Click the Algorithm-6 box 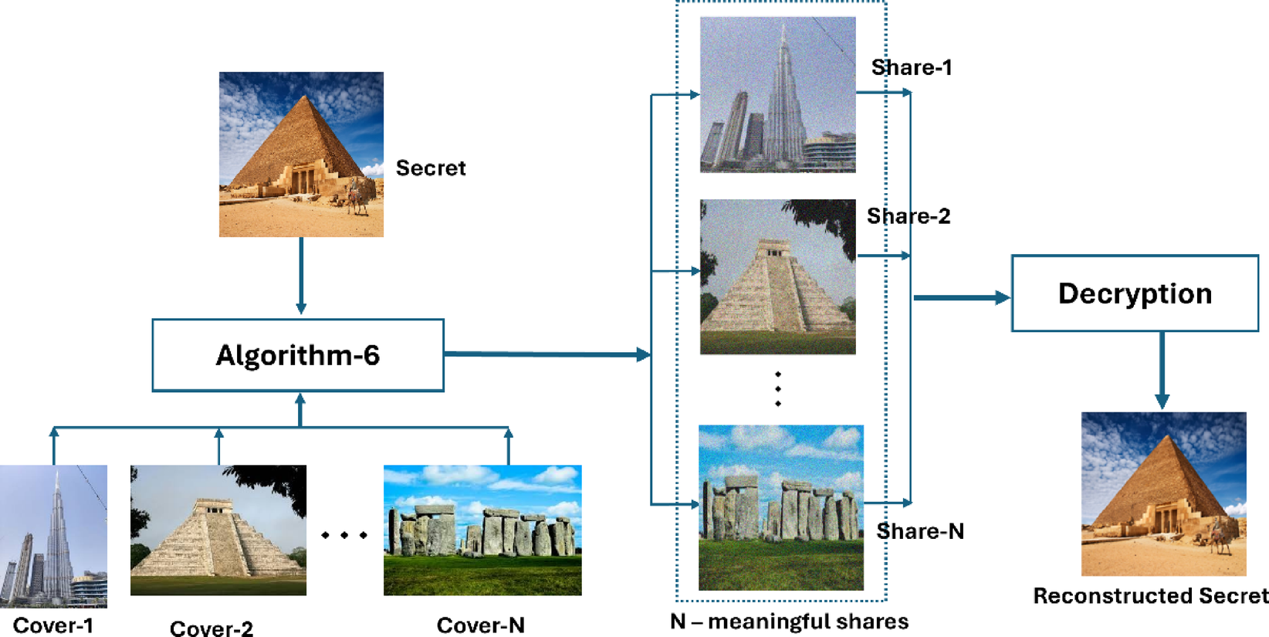point(298,355)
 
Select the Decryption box point(1135,293)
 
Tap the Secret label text point(431,168)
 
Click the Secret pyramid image point(301,154)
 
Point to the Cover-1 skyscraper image point(53,536)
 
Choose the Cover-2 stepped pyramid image point(218,530)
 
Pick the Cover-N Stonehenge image point(482,530)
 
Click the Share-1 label point(912,68)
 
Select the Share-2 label point(909,216)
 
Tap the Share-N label point(920,531)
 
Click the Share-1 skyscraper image point(777,94)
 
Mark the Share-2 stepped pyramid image point(777,277)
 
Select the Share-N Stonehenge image point(780,507)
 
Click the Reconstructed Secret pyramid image point(1163,494)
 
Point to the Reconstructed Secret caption point(1150,596)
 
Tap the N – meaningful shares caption point(789,622)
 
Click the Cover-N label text point(480,625)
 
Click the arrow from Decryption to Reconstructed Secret point(1162,371)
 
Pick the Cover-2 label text point(211,629)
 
